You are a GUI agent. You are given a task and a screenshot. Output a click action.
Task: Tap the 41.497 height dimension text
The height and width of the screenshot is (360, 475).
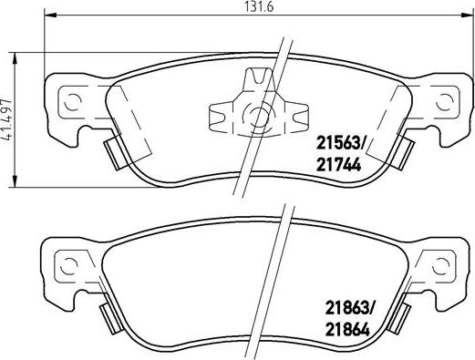pyautogui.click(x=8, y=117)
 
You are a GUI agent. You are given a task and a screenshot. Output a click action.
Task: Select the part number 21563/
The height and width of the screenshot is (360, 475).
pyautogui.click(x=342, y=141)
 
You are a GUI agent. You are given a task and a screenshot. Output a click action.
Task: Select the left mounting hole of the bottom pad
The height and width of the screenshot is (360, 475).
pyautogui.click(x=67, y=266)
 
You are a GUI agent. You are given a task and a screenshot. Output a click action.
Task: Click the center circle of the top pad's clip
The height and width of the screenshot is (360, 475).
pyautogui.click(x=258, y=115)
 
